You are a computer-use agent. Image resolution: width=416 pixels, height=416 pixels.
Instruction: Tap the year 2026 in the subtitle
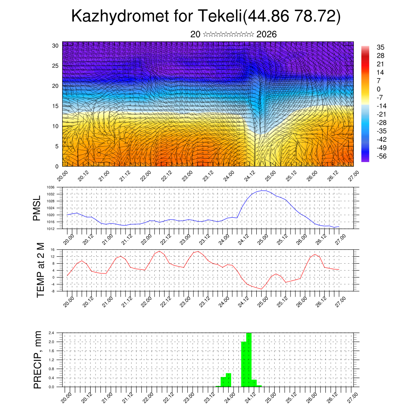point(267,34)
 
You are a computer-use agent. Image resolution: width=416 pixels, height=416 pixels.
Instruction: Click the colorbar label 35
point(381,48)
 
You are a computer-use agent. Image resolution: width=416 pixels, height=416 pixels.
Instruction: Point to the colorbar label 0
point(379,89)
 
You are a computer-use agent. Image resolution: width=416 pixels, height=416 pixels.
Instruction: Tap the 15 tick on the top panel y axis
point(56,106)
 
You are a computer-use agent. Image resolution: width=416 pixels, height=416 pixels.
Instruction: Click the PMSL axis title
point(37,208)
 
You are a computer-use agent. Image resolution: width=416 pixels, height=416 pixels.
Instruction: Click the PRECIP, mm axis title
point(38,360)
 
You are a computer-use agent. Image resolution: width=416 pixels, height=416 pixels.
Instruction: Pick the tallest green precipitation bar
point(249,360)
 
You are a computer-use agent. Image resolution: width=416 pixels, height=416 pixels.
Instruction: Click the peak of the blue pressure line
point(263,190)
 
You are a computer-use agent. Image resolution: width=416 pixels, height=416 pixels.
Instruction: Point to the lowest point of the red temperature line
point(261,289)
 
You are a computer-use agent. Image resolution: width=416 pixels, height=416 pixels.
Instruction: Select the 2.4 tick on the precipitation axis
point(52,333)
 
